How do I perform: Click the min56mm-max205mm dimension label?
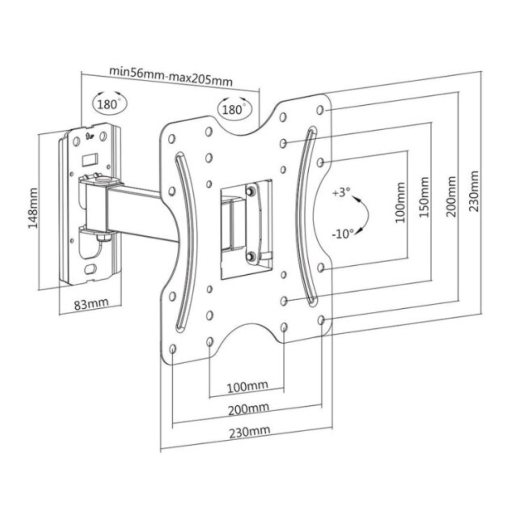(171, 76)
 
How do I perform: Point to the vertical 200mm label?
(451, 196)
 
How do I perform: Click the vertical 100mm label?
(400, 202)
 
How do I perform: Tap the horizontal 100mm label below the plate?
(248, 387)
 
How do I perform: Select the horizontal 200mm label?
(249, 410)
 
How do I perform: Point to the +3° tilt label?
(341, 192)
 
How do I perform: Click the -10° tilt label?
(342, 234)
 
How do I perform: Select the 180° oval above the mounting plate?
(234, 108)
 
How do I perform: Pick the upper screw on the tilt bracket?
(250, 191)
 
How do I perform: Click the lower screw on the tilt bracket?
(250, 256)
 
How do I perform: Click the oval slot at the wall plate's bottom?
(91, 269)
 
